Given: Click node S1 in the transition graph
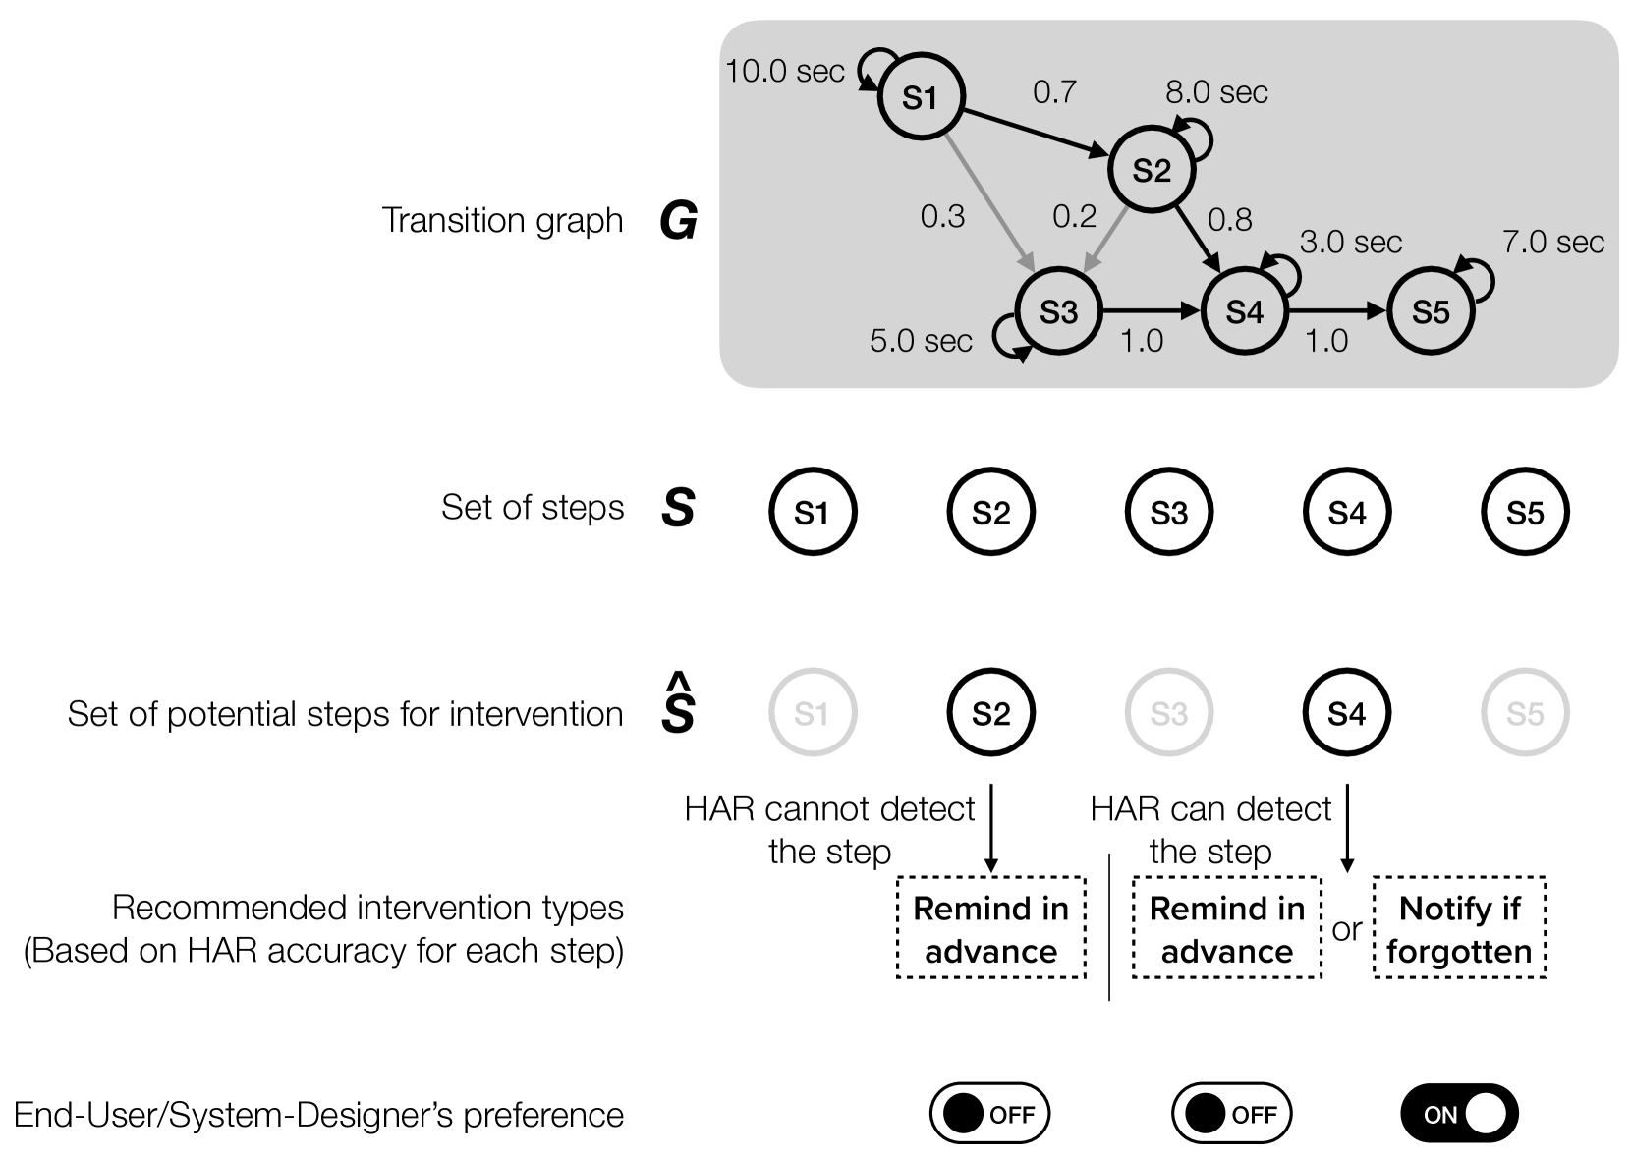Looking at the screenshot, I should point(920,97).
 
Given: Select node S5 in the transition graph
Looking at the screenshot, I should point(1431,311).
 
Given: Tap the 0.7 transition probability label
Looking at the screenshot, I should point(1054,91).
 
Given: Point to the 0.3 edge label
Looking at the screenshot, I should point(942,216).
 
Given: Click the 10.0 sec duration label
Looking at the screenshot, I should point(785,71).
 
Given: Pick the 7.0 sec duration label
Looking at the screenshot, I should point(1552,242).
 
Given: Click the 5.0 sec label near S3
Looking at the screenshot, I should point(921,341).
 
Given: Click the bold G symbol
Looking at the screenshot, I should point(678,221).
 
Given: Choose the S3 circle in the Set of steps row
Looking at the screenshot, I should point(1169,512).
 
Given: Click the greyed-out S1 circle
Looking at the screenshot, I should point(813,713).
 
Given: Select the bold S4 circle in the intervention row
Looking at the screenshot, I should point(1346,713).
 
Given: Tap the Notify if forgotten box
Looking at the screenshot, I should point(1459,929).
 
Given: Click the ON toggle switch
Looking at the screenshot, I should point(1459,1114).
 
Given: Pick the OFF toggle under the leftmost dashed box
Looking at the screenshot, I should point(989,1114).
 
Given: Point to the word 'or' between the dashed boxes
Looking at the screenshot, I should point(1347,929).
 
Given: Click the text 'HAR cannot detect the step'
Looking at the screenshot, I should point(830,830).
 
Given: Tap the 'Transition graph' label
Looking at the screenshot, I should point(502,221).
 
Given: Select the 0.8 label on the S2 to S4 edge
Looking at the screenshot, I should point(1229,219).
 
